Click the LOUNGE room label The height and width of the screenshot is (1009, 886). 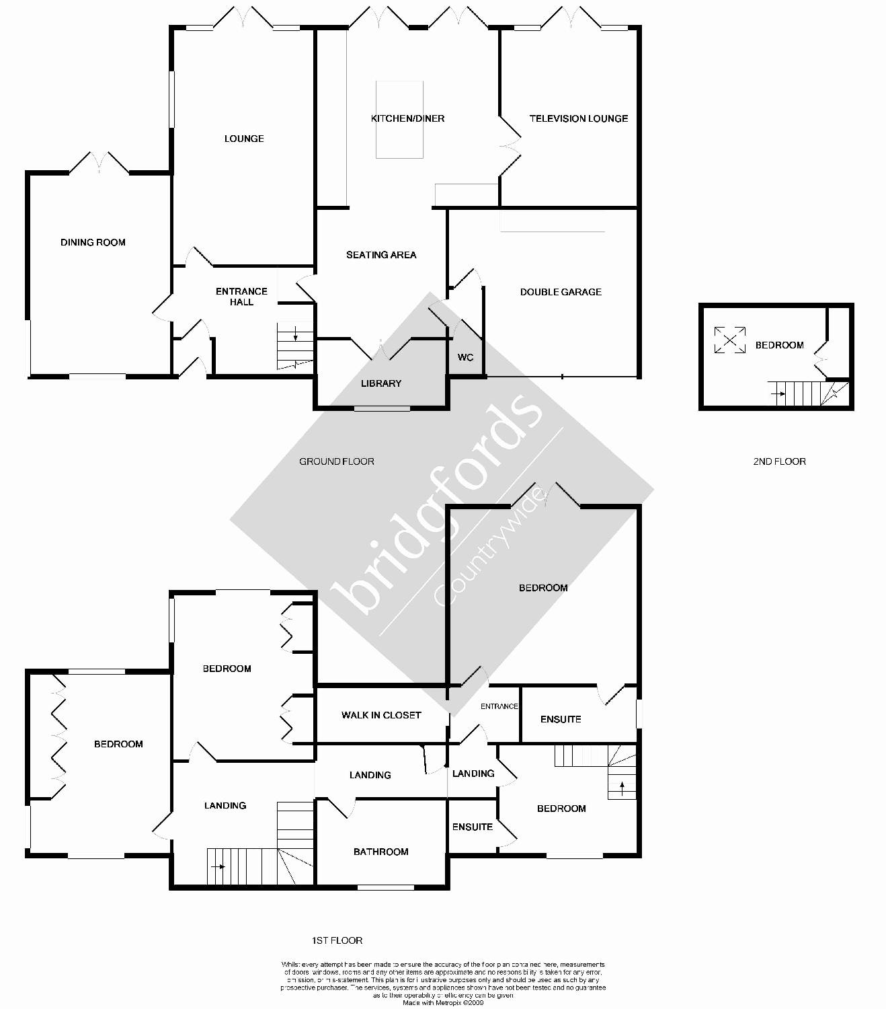pyautogui.click(x=244, y=139)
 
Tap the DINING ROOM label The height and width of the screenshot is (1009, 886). pyautogui.click(x=93, y=242)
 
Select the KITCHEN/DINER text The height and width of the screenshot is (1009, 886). pyautogui.click(x=407, y=118)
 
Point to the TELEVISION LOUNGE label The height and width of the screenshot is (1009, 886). pyautogui.click(x=578, y=118)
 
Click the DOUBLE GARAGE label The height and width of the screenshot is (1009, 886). pyautogui.click(x=561, y=292)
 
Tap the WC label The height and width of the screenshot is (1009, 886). pyautogui.click(x=465, y=357)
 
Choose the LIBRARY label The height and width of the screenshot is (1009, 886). pyautogui.click(x=381, y=383)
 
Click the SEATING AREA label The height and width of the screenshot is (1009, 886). pyautogui.click(x=381, y=255)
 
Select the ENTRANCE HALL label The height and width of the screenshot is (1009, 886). pyautogui.click(x=241, y=297)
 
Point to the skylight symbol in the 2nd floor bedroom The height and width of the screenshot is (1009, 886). pyautogui.click(x=729, y=340)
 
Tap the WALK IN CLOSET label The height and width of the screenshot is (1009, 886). pyautogui.click(x=381, y=715)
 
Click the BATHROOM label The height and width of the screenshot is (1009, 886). pyautogui.click(x=381, y=852)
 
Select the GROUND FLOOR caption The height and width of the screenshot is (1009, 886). pyautogui.click(x=336, y=461)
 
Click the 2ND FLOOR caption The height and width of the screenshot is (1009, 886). pyautogui.click(x=779, y=461)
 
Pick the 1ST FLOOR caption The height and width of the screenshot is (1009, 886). pyautogui.click(x=337, y=940)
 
